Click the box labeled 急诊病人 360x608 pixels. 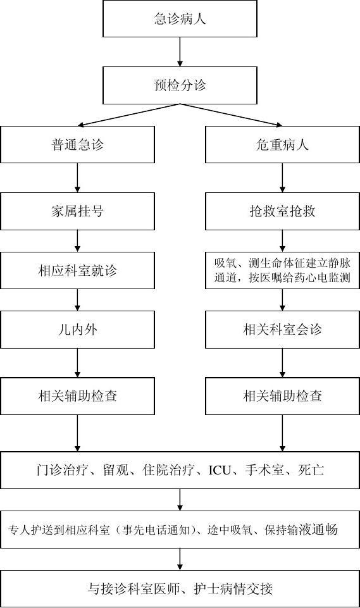180,18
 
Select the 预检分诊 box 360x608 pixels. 180,85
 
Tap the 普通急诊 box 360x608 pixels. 78,145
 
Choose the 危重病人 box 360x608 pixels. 282,145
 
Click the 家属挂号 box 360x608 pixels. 78,211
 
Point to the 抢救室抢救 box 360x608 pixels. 282,211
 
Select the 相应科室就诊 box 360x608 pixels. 78,270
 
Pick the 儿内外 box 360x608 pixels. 78,330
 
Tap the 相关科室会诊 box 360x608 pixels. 282,330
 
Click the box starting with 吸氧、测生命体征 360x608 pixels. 282,270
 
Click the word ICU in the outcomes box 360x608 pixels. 220,470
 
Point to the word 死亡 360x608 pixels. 311,470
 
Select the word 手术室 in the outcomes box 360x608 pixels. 264,470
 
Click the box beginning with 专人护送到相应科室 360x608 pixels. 180,530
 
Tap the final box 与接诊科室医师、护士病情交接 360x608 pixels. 180,588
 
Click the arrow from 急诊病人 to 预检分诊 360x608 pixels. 180,52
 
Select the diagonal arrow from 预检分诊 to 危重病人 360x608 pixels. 231,115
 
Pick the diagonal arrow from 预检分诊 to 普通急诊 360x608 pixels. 128,115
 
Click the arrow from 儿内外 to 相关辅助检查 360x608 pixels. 78,363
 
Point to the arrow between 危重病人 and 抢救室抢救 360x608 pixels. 282,178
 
